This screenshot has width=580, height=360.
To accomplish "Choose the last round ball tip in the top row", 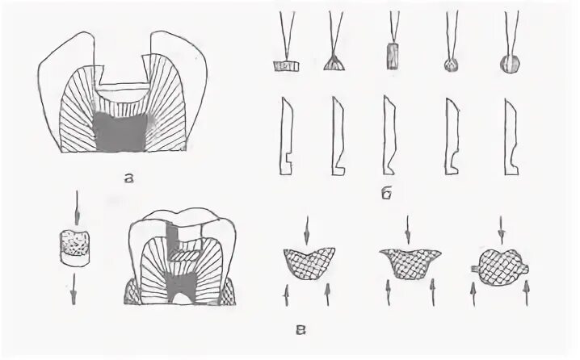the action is (x=511, y=64).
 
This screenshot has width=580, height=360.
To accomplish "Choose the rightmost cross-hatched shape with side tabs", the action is (x=502, y=264).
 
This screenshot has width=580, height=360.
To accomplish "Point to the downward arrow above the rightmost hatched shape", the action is (x=502, y=228).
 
